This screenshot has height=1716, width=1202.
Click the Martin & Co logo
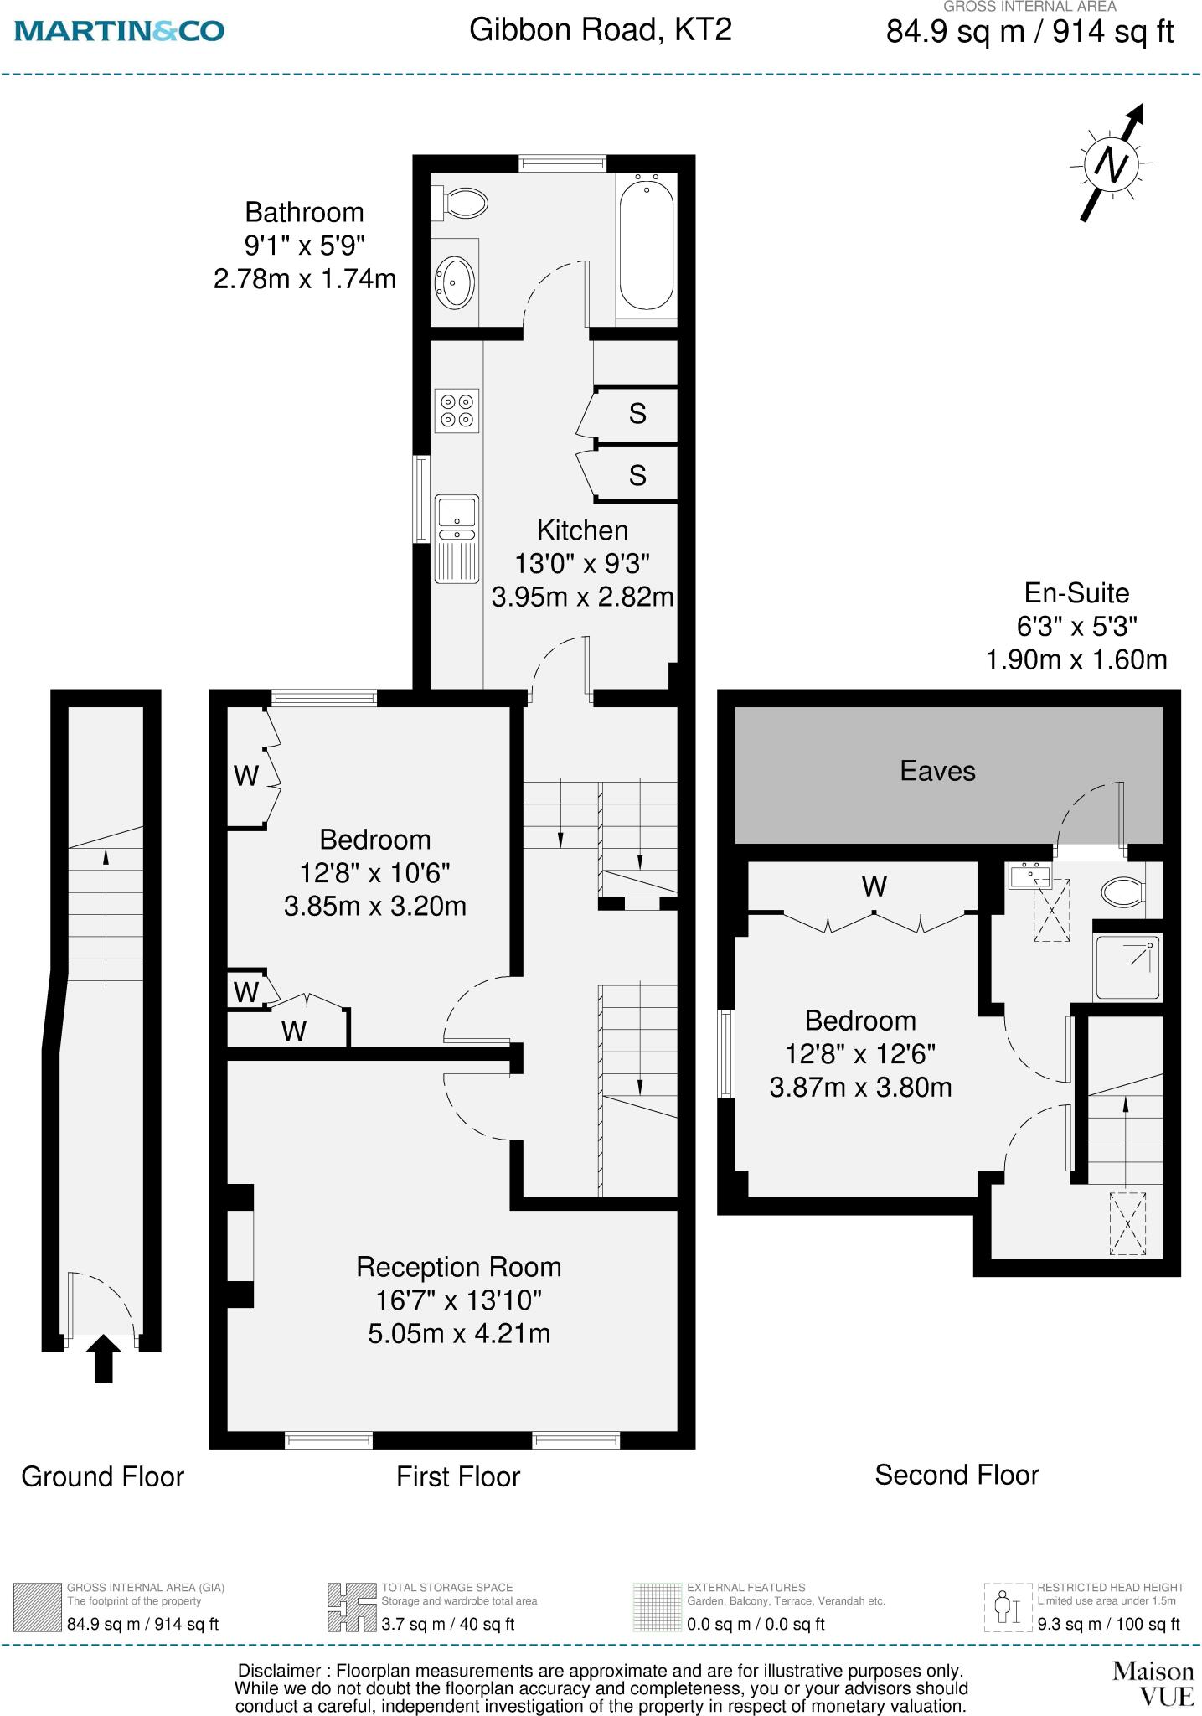[120, 31]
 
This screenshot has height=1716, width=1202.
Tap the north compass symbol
[1112, 163]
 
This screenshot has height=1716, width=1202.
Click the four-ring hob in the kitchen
[457, 411]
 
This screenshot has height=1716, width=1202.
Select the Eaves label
[937, 771]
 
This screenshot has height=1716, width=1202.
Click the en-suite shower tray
[1127, 968]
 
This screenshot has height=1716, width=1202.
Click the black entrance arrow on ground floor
[103, 1358]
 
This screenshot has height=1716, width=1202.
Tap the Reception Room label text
[458, 1266]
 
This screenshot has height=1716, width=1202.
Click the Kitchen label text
[582, 530]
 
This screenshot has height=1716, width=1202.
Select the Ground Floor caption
[102, 1476]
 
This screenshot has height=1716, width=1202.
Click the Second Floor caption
[957, 1474]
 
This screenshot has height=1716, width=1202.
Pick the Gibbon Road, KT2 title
[600, 30]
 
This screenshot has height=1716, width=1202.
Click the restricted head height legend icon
[1008, 1606]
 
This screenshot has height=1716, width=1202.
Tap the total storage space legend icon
[351, 1606]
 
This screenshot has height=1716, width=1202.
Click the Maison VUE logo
[1153, 1683]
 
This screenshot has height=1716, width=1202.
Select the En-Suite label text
[1076, 593]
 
